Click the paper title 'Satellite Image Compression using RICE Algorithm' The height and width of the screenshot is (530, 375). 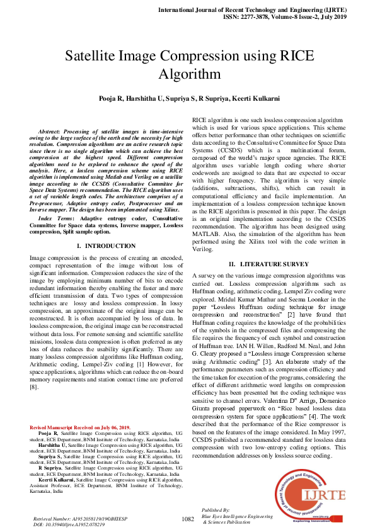tap(187, 65)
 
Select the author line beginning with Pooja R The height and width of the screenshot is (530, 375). tap(187, 99)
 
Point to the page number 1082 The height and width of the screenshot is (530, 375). tap(187, 519)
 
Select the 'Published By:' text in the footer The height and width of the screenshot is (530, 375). tap(216, 509)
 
